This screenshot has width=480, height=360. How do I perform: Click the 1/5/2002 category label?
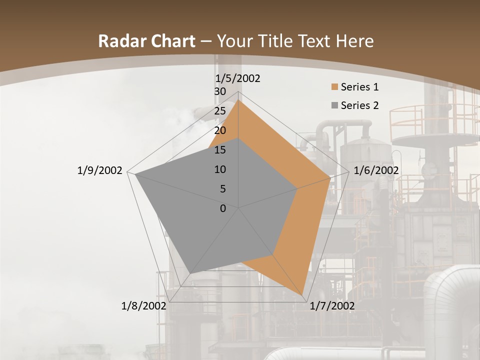pos(238,78)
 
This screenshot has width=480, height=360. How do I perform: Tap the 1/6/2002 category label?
pos(376,170)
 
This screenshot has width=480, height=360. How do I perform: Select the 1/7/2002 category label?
pos(332,306)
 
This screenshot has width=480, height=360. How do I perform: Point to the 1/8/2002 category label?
pos(144,306)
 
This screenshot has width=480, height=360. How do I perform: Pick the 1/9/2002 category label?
pos(99,170)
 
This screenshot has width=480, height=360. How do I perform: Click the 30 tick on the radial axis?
pos(220,91)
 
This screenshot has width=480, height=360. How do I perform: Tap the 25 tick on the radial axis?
pos(220,111)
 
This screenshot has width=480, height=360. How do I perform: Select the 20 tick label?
pos(220,130)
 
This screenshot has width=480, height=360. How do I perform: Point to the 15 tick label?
pos(220,150)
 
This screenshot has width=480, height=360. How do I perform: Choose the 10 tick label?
pos(220,169)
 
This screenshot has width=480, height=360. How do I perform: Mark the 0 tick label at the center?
pos(223,208)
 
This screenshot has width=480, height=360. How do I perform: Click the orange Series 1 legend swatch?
pos(335,87)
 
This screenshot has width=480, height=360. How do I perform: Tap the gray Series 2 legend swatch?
pos(335,105)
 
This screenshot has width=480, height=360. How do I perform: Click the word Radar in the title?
pos(122,41)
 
